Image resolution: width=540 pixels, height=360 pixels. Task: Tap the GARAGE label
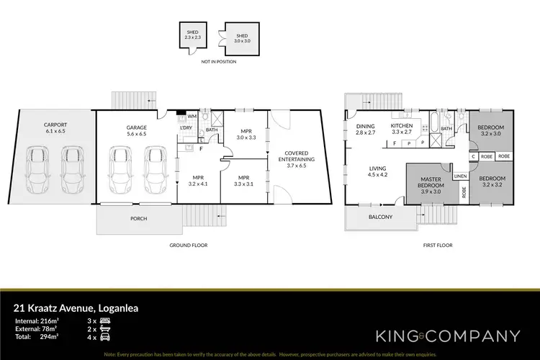coord(137,127)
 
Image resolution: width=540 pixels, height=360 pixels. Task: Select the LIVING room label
coord(378,170)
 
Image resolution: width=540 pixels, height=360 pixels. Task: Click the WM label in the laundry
coord(192,115)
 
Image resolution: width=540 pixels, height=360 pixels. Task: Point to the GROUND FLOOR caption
coord(189,246)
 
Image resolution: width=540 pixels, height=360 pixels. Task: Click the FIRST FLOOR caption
coord(437,246)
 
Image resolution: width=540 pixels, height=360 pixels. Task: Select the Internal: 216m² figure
coord(37,320)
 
